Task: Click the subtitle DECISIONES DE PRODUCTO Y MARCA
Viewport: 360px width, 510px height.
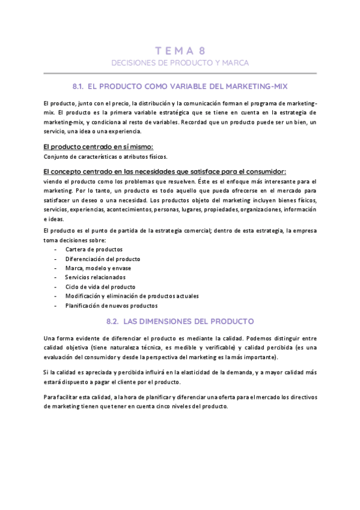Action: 180,63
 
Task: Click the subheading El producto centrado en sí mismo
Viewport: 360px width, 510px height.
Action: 99,147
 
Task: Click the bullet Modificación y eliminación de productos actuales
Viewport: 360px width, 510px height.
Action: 132,296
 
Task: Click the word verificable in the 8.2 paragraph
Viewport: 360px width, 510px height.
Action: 219,348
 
